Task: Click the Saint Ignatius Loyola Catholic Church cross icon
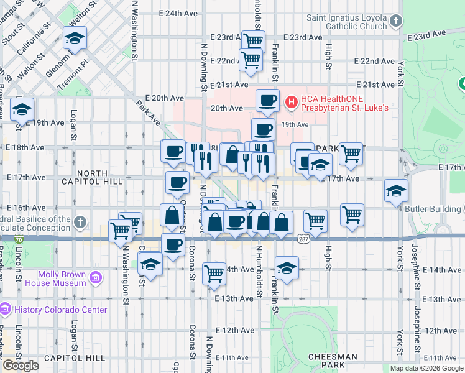(x=395, y=22)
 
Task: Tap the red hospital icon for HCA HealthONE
(x=290, y=101)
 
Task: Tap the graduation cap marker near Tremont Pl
(x=75, y=39)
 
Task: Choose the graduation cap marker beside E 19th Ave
(x=22, y=111)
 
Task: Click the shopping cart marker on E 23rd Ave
(x=253, y=42)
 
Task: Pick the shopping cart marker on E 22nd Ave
(x=250, y=60)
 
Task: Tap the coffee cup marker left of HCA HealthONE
(x=267, y=101)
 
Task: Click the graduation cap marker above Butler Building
(x=396, y=191)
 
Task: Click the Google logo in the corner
(x=21, y=365)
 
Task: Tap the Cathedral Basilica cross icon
(x=80, y=223)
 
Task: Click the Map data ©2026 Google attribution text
(x=426, y=368)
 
